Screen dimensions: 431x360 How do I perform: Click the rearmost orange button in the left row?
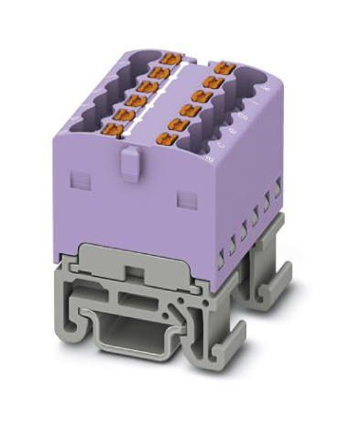click(x=167, y=61)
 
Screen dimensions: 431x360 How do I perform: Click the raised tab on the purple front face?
click(x=129, y=165)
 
